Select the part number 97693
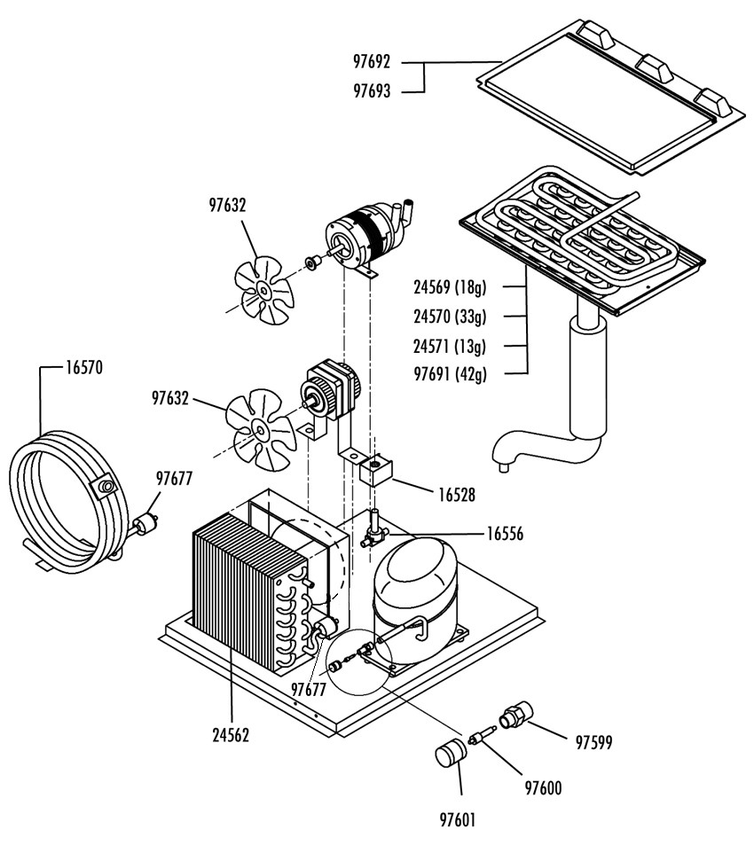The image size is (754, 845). click(372, 90)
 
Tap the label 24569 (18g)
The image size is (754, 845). click(450, 286)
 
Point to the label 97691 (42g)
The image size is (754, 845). click(450, 373)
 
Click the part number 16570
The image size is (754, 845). click(84, 368)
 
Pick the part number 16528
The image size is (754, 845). click(457, 495)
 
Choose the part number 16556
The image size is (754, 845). click(505, 534)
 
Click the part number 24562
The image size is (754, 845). click(231, 735)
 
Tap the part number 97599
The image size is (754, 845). click(594, 743)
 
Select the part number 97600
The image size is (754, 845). click(543, 788)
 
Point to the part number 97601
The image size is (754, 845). click(458, 820)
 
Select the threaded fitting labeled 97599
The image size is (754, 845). click(515, 716)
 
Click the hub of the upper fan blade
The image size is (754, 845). click(263, 290)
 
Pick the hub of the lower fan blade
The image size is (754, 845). click(261, 430)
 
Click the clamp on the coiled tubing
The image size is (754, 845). click(104, 487)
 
